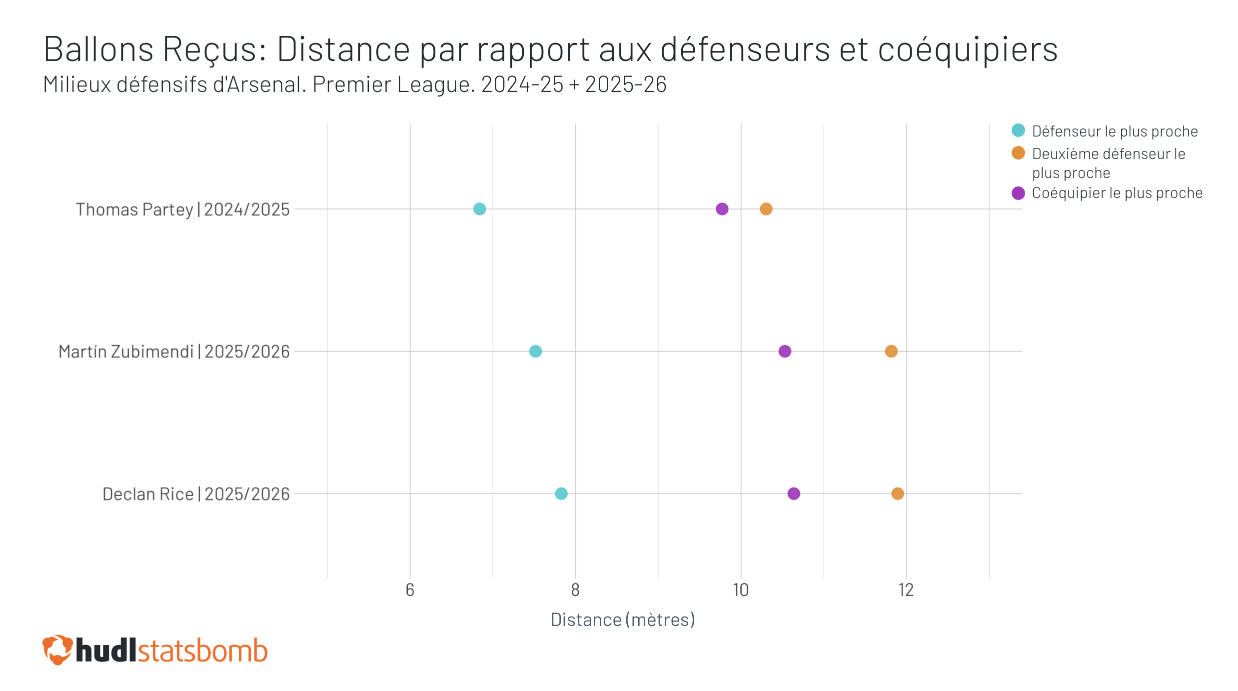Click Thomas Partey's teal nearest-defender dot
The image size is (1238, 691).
tap(479, 209)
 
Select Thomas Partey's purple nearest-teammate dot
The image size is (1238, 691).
tap(722, 209)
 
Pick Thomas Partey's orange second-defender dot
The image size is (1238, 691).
tap(766, 209)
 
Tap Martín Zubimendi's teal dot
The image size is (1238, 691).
tap(535, 351)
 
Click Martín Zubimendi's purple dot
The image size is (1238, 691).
tap(785, 351)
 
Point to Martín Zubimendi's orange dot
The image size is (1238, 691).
tap(891, 351)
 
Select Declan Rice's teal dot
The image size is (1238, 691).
tap(561, 493)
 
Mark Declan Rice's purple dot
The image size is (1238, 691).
tap(794, 493)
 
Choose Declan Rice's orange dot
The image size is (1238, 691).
tap(898, 493)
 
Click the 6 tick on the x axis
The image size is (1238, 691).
tap(410, 590)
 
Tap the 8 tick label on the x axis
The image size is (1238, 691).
tap(575, 590)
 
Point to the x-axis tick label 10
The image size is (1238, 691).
tap(741, 590)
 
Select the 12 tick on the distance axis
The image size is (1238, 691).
tap(906, 590)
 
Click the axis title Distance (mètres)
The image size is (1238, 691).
tap(623, 620)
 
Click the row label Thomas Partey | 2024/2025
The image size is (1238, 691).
tap(182, 209)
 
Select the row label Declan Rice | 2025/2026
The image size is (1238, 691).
tap(196, 494)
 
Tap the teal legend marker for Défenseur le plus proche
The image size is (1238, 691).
tap(1018, 130)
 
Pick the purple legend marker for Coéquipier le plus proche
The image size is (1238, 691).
tap(1018, 193)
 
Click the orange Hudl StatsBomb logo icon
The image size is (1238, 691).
tap(57, 650)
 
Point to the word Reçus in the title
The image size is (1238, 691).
tap(214, 49)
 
